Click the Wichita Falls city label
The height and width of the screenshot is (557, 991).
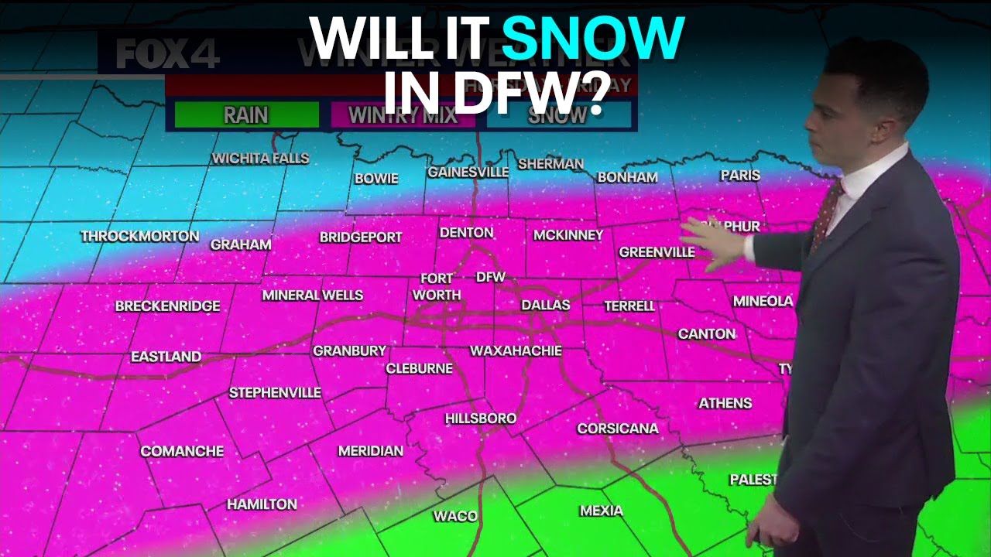260,159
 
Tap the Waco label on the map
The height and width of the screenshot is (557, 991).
455,516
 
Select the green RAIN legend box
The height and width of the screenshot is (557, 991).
246,115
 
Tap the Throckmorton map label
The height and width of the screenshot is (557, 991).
140,236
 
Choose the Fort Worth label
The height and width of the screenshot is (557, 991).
437,287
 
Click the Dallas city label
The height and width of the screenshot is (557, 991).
545,305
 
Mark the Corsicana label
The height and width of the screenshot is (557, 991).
618,429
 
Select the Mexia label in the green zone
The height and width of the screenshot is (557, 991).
601,511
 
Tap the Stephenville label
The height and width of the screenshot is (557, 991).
275,393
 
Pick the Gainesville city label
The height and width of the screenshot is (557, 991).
468,172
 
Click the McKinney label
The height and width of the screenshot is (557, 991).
568,234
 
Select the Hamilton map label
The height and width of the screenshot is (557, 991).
262,504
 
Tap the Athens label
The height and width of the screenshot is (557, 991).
725,403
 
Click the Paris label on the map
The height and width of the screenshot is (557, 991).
740,176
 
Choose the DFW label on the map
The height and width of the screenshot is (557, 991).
490,277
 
